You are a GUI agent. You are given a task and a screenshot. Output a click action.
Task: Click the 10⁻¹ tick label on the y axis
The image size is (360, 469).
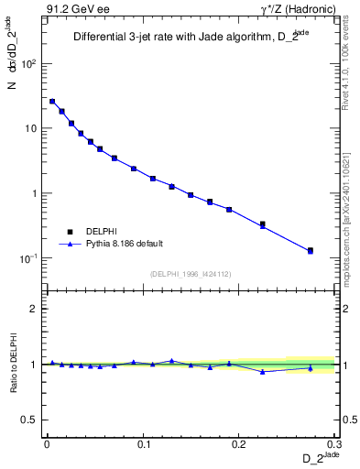coord(29,258)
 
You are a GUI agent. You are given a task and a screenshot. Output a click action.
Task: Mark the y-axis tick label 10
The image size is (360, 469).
coord(31,129)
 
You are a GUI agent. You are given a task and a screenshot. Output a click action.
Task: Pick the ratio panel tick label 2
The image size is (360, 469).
coord(35,310)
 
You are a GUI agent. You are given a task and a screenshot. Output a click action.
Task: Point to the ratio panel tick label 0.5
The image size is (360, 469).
coord(31,420)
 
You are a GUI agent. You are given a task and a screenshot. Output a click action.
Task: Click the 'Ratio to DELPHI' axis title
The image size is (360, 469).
coord(13,364)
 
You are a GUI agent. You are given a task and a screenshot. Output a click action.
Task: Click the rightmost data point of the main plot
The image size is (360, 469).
coord(311,250)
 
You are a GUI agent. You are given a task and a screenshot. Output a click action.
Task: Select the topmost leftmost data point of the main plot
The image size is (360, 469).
coord(52,102)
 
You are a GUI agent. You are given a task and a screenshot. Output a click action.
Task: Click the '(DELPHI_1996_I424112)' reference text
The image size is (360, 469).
coord(191,273)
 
